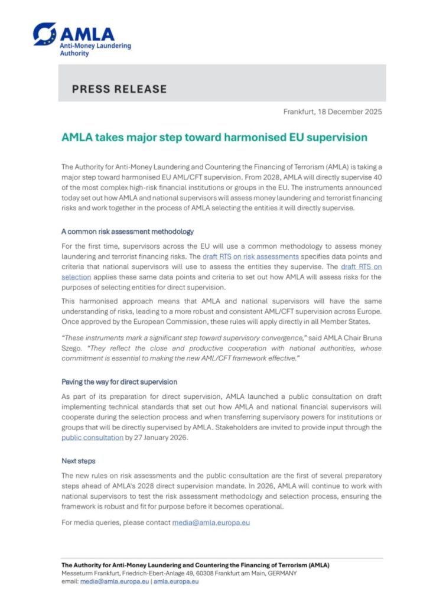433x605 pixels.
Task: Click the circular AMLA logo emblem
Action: coord(45,34)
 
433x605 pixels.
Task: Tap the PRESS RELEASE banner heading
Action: coord(119,89)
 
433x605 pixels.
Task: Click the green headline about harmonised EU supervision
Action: coord(214,138)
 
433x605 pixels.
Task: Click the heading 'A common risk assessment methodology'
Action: coord(128,231)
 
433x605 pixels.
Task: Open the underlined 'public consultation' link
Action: coord(92,438)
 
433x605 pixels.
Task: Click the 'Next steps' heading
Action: coord(79,460)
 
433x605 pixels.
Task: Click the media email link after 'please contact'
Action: coord(211,522)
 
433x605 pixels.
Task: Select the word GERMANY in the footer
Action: coord(281,573)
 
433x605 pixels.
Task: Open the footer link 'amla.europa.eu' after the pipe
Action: coord(176,581)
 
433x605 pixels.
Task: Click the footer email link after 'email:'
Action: coord(114,581)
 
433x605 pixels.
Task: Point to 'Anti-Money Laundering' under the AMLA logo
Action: coord(96,45)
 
